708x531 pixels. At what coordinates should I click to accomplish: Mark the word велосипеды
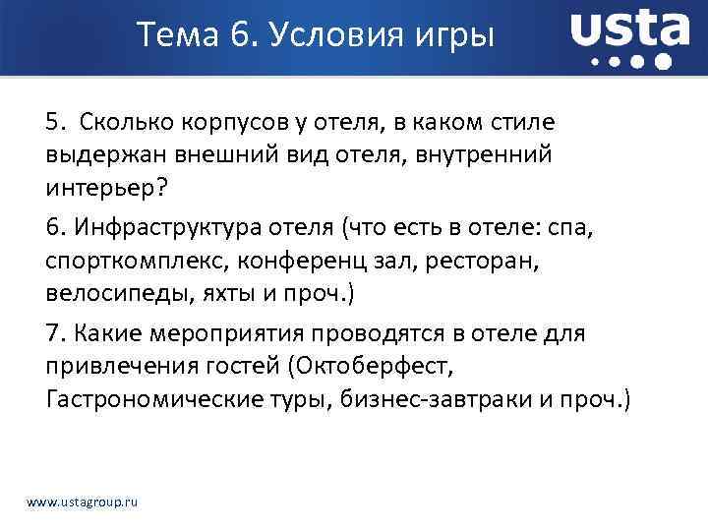point(105,292)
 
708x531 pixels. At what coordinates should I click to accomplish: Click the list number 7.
point(54,334)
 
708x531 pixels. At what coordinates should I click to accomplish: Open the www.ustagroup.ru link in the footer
point(83,502)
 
